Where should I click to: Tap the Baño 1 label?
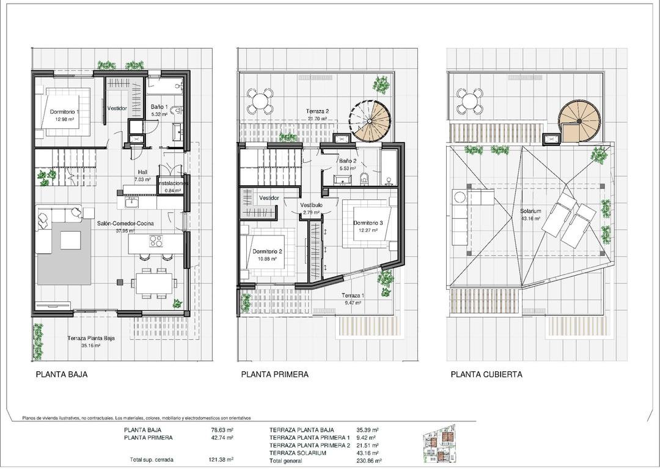159,106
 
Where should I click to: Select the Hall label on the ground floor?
142,172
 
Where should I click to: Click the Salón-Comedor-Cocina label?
125,223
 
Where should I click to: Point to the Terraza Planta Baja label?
91,338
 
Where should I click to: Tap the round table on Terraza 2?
261,100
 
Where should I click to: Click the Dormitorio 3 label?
368,223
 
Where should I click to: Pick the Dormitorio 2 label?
267,251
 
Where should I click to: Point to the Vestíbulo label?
311,205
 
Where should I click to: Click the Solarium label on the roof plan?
530,211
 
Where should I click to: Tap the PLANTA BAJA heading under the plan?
61,375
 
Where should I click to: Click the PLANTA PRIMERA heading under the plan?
274,375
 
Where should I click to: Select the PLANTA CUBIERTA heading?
486,375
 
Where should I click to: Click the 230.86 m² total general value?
369,460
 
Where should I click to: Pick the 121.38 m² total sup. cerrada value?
222,459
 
